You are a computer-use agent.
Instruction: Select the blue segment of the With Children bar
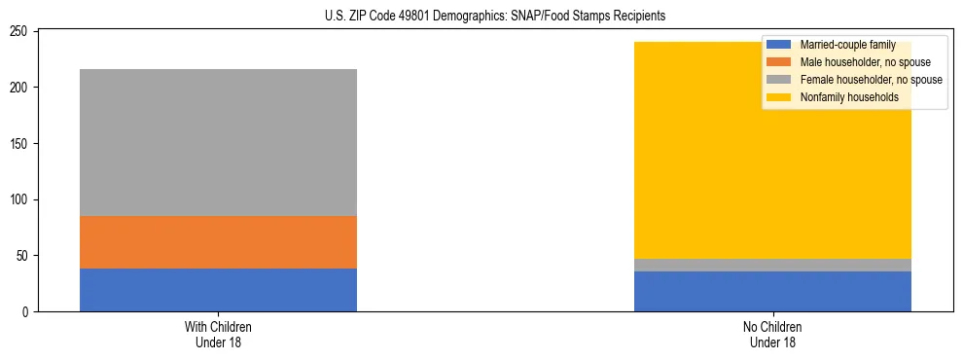point(218,290)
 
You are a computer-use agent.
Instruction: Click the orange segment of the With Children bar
point(218,242)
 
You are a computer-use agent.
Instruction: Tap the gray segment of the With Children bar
point(218,142)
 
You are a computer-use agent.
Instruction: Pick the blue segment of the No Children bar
point(772,291)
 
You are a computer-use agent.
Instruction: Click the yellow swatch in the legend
point(779,97)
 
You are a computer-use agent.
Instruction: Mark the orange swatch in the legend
point(779,62)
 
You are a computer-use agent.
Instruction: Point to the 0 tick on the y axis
point(28,312)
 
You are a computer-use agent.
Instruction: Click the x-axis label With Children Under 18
point(218,334)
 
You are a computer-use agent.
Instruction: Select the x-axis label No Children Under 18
point(772,334)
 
